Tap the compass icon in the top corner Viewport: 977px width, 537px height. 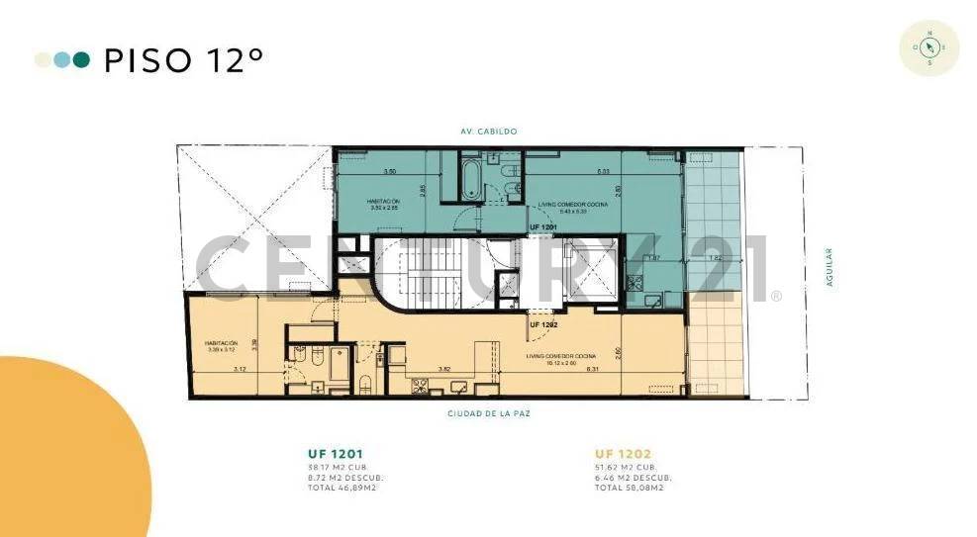click(x=928, y=47)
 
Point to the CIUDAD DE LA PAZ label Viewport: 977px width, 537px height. click(x=488, y=413)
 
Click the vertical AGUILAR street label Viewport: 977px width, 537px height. click(x=830, y=268)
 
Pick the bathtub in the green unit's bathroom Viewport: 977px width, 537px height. click(x=471, y=181)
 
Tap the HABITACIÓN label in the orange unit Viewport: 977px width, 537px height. click(x=221, y=344)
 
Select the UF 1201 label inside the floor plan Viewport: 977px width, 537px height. click(x=543, y=227)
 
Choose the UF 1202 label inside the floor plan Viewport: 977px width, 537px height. click(x=543, y=324)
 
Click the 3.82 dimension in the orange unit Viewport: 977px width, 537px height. click(x=445, y=369)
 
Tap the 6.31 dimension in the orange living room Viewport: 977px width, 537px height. click(x=593, y=369)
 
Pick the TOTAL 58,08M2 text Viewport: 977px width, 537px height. click(x=628, y=488)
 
